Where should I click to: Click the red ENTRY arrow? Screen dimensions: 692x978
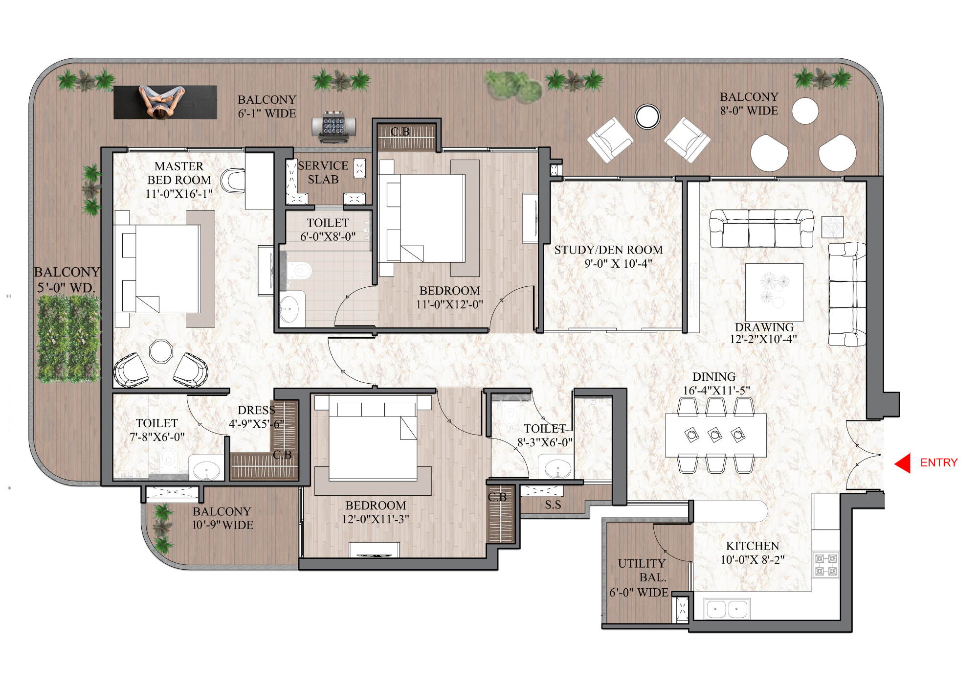(903, 463)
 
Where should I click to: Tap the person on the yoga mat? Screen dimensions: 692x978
(161, 102)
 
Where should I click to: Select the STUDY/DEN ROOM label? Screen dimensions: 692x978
(609, 256)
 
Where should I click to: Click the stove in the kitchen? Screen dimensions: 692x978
(826, 565)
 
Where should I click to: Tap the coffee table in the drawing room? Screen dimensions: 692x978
(774, 292)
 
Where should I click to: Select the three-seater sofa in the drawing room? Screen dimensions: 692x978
(761, 229)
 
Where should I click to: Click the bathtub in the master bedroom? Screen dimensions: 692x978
(233, 181)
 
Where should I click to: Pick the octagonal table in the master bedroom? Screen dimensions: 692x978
(161, 351)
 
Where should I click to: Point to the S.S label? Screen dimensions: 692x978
(553, 505)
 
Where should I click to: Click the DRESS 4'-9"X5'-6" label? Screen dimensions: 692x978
(256, 416)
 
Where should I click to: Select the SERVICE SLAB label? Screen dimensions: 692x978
(323, 172)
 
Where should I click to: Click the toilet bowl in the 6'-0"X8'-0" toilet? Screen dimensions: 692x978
(299, 270)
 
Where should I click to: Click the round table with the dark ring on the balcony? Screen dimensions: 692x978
(647, 116)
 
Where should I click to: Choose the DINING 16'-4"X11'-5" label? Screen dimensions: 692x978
(714, 383)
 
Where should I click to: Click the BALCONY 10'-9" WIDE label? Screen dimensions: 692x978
(222, 518)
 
